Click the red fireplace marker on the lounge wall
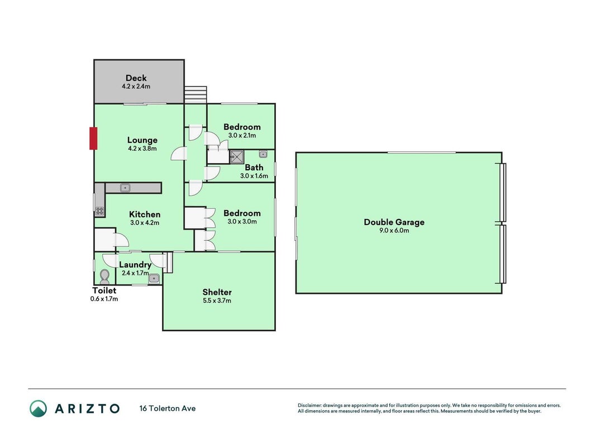[93, 139]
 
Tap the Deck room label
[136, 78]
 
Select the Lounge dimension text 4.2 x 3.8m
[142, 149]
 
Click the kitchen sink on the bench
[125, 188]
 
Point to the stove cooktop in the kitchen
[99, 211]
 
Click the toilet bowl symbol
[104, 277]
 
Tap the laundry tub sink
[154, 279]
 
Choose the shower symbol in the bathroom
[237, 157]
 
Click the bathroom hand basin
[263, 154]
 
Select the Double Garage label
[394, 222]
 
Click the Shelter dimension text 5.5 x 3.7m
[217, 301]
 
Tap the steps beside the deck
[196, 94]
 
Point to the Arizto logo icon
[39, 408]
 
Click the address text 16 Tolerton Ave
[168, 408]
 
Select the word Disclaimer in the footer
[309, 406]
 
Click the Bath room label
[254, 167]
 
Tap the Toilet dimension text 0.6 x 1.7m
[104, 299]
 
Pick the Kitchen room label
[145, 215]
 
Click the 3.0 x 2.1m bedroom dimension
[242, 136]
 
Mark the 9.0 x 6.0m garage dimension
[394, 231]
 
